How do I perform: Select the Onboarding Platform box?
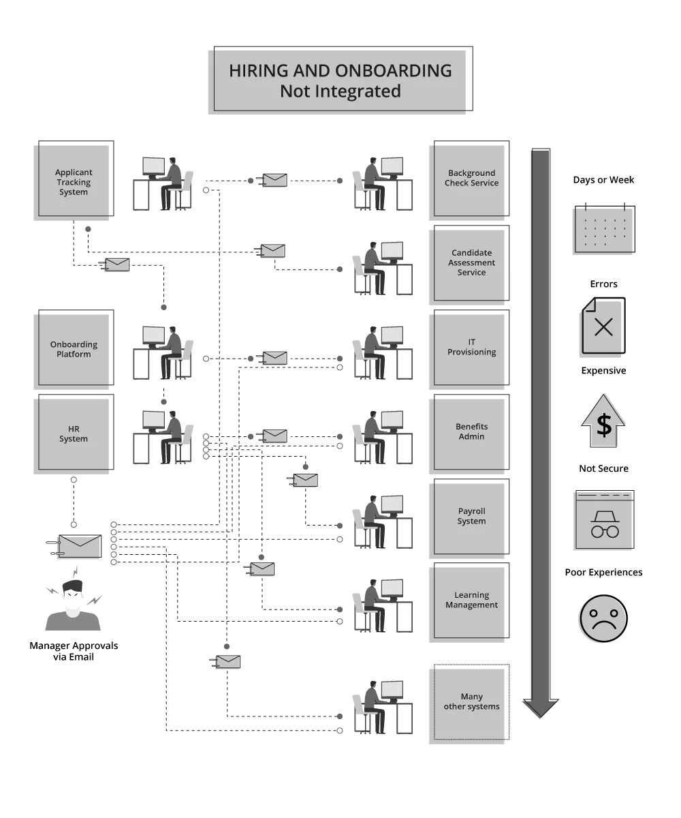[74, 349]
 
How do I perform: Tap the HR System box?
[74, 434]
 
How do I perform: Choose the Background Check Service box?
[471, 179]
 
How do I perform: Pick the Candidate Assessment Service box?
[471, 263]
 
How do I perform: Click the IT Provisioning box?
[471, 348]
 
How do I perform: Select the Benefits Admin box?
[471, 432]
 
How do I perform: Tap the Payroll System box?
[471, 517]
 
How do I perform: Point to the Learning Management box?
[471, 601]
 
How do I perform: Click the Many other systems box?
[471, 702]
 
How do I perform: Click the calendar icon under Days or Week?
[605, 229]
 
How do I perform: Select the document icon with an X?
[603, 326]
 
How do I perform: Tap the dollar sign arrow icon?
[603, 421]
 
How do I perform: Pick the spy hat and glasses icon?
[604, 520]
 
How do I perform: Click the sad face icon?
[603, 618]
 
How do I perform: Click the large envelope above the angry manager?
[80, 546]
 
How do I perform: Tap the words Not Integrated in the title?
[340, 91]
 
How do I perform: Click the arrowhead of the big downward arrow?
[541, 707]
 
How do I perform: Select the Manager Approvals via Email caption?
[74, 651]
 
